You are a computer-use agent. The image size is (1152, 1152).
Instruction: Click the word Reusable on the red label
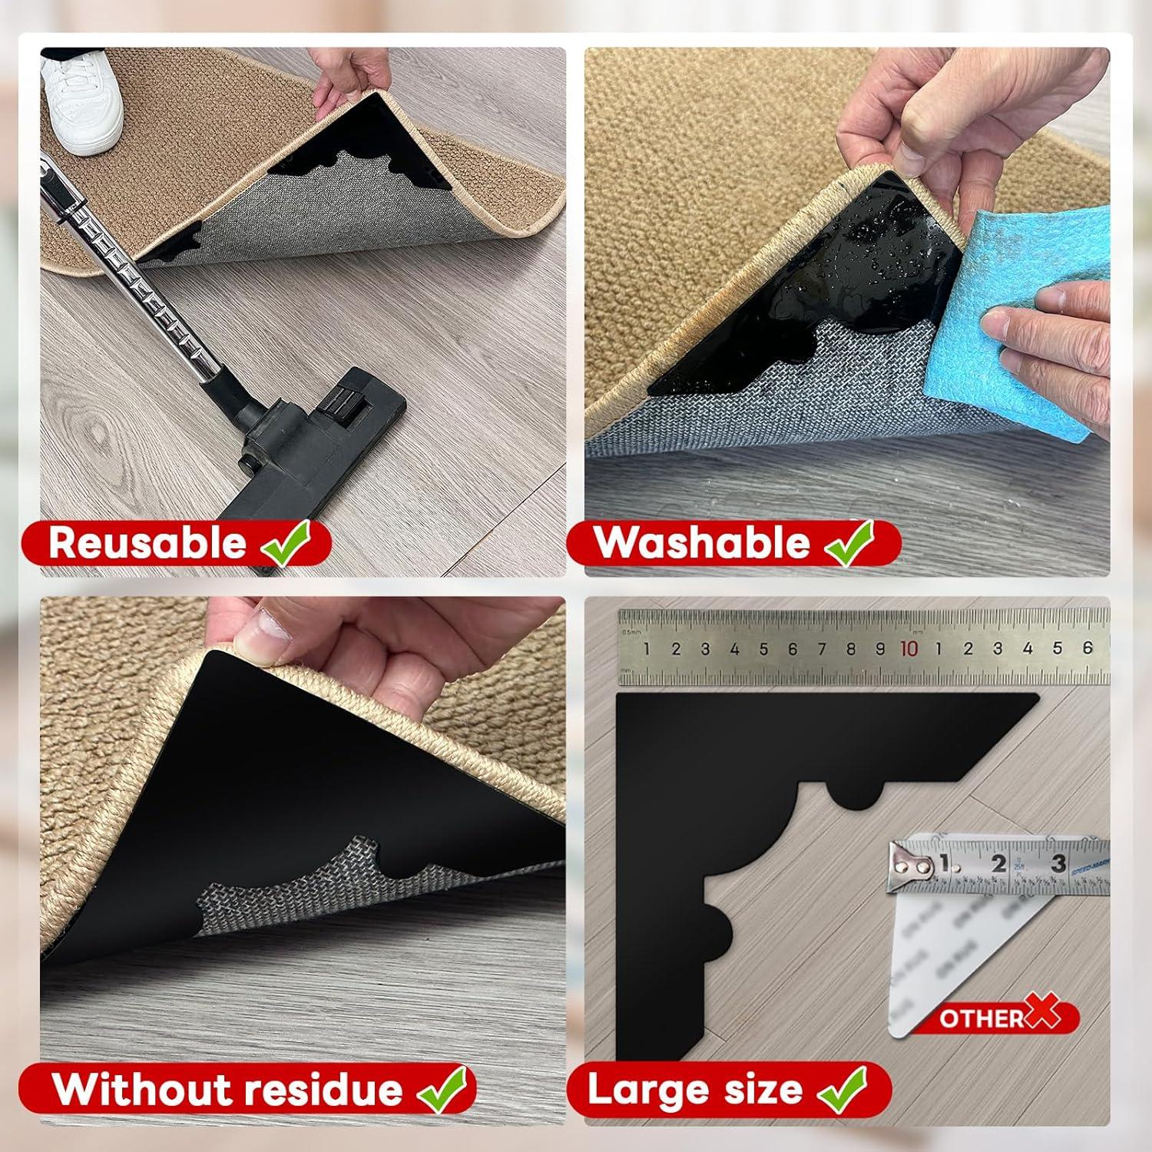(147, 543)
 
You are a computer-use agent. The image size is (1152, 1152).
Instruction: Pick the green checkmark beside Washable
(850, 541)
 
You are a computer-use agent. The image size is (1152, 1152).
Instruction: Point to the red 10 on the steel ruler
(909, 649)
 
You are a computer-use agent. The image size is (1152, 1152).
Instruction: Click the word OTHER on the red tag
(981, 1018)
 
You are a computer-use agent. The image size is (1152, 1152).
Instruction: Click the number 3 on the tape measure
(1059, 862)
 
